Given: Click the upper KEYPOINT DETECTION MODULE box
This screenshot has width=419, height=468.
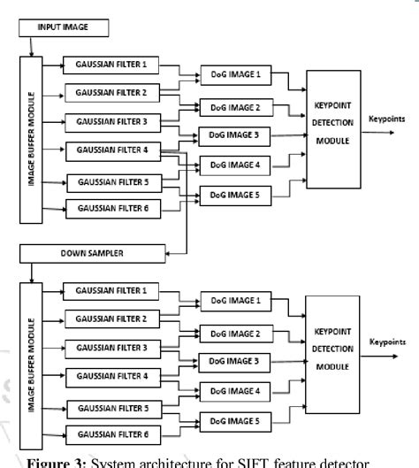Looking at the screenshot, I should (x=334, y=128).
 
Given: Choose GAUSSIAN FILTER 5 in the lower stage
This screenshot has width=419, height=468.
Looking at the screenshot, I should (x=112, y=408).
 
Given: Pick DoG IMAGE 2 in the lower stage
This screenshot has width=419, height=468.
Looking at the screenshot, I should (x=232, y=333).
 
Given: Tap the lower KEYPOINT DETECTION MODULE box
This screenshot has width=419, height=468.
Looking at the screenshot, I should (x=333, y=351).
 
